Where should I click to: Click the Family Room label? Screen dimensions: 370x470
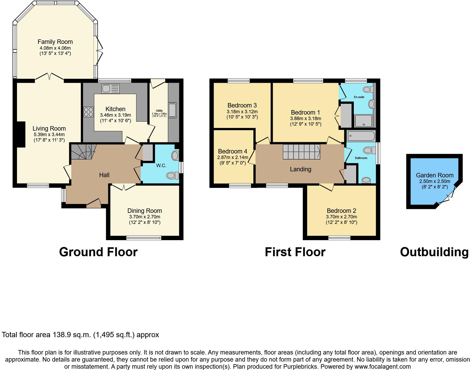click(55, 42)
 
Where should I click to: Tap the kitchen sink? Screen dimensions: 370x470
click(110, 89)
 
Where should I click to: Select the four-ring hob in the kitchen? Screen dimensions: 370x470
click(89, 112)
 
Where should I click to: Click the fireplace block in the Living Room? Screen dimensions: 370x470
click(21, 134)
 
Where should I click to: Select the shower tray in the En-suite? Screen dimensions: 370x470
click(363, 121)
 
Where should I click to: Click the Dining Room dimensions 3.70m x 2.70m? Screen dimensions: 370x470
click(145, 217)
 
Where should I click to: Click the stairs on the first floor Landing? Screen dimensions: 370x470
click(301, 151)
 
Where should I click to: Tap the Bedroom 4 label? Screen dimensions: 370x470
click(232, 151)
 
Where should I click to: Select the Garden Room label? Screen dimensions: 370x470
click(435, 175)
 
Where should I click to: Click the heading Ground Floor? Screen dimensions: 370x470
click(98, 252)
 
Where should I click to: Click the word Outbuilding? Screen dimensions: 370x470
click(434, 252)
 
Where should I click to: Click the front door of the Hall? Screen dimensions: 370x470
click(94, 203)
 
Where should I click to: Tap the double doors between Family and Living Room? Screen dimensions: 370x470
click(49, 77)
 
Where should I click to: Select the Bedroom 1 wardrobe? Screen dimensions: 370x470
click(346, 116)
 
